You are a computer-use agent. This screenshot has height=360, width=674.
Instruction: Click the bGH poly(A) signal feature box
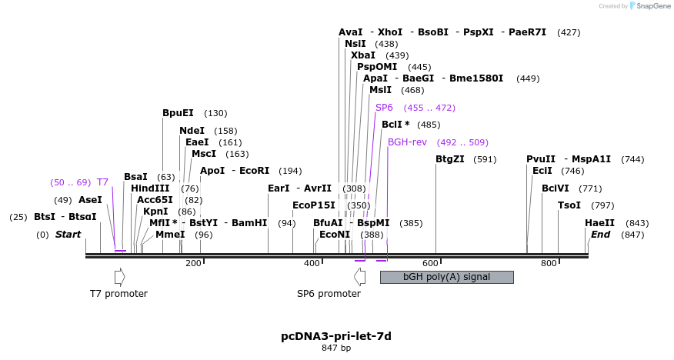click(x=446, y=277)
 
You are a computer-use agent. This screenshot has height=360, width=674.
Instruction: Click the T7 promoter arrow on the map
click(x=118, y=276)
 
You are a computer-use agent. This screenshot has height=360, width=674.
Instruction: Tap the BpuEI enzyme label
click(x=178, y=113)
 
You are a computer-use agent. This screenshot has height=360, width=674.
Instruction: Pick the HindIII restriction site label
click(x=154, y=188)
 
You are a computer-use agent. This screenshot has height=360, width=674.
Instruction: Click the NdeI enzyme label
click(x=192, y=131)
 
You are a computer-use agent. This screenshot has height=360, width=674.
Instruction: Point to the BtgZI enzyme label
click(x=450, y=159)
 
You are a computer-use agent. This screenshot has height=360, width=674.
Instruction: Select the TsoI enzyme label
click(x=569, y=205)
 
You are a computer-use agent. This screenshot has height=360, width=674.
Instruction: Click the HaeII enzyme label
click(x=599, y=223)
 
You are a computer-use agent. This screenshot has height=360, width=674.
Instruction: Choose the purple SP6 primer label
click(x=384, y=108)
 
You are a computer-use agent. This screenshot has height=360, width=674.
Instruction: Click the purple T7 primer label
click(x=102, y=182)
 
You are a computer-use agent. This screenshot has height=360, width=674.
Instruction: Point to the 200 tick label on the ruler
click(x=193, y=264)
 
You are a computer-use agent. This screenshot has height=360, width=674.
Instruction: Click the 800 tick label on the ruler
click(x=549, y=264)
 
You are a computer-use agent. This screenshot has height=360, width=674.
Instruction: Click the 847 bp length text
click(x=336, y=348)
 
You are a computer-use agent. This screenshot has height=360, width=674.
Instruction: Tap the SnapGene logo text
click(x=649, y=6)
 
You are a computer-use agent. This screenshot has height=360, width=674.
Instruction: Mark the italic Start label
click(x=68, y=235)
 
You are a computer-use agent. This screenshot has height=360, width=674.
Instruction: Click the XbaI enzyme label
click(x=363, y=55)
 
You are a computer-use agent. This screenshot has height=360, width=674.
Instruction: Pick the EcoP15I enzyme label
click(x=314, y=205)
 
